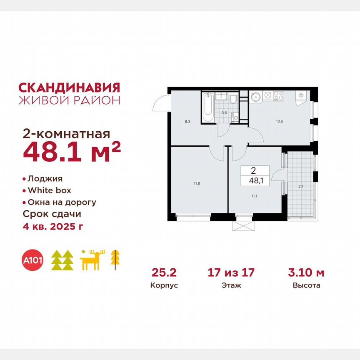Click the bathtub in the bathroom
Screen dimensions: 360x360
[207, 107]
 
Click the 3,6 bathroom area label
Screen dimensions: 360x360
[224, 112]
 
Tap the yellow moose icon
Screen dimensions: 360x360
[92, 260]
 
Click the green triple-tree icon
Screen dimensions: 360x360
[62, 260]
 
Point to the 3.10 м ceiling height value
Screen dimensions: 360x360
[306, 273]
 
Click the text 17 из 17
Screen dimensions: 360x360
[231, 273]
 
